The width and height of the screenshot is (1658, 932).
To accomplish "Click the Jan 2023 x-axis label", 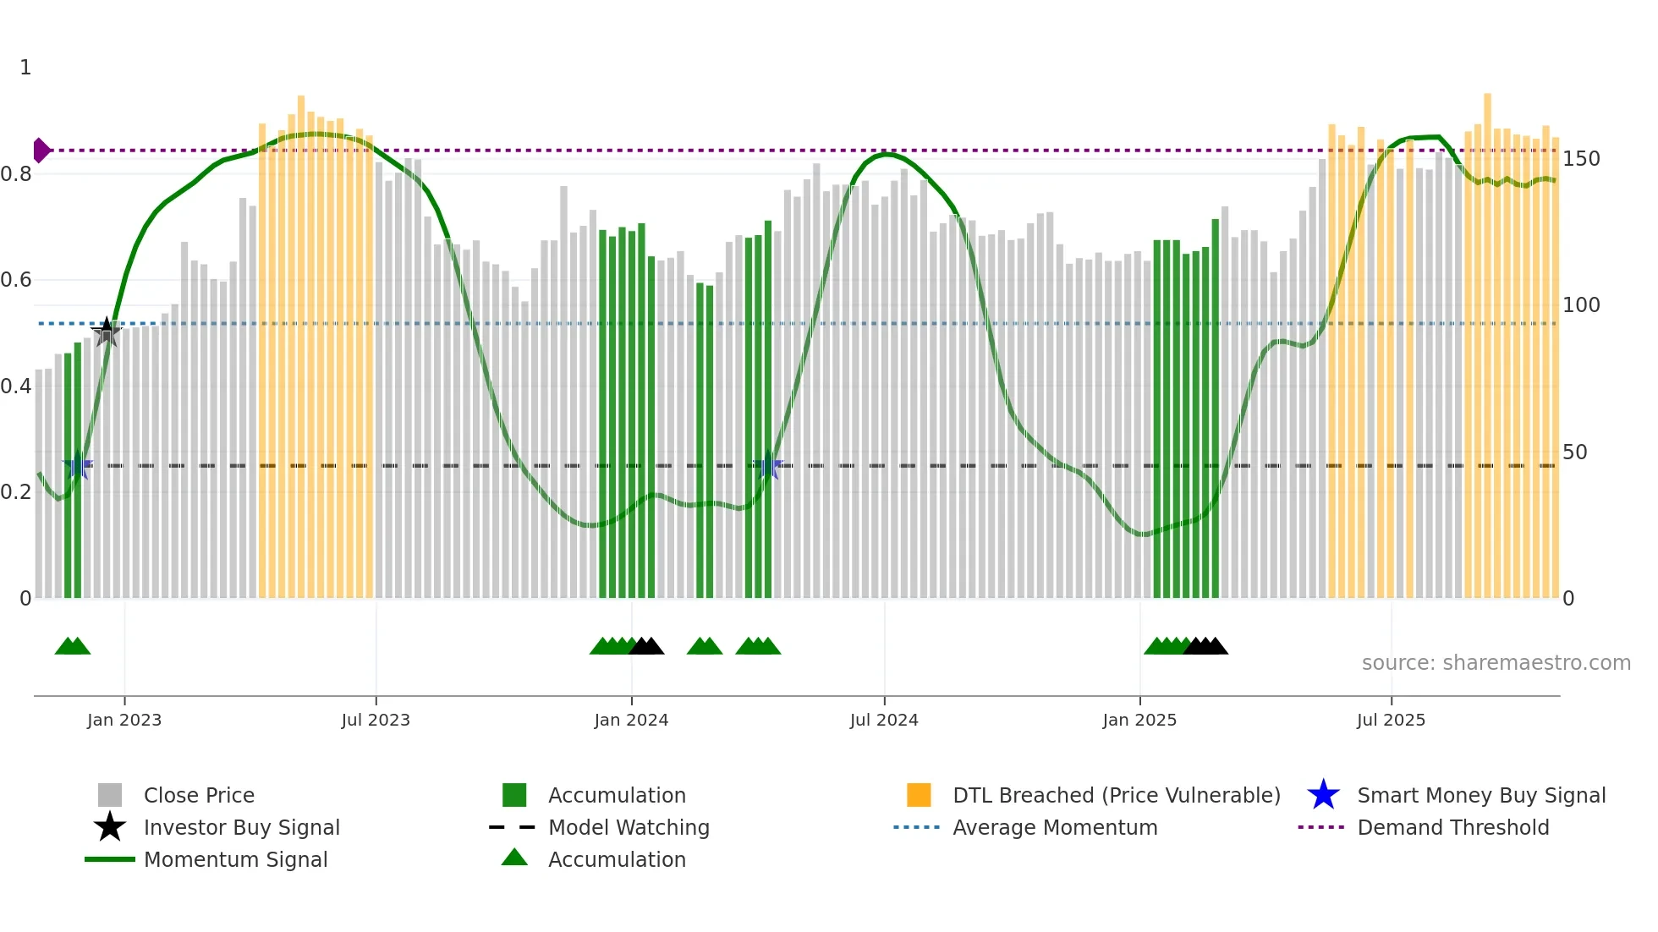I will point(124,720).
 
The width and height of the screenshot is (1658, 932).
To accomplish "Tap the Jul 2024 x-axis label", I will point(884,720).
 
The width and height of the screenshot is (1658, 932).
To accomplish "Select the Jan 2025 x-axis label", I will point(1139,720).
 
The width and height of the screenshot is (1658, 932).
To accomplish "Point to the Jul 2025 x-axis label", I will point(1392,720).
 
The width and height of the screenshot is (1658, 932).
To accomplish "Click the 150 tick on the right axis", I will point(1581,159).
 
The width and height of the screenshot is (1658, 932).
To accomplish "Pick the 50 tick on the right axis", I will point(1574,452).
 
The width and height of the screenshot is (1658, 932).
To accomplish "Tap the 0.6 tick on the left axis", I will point(16,280).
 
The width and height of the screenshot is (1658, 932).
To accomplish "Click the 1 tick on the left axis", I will point(25,68).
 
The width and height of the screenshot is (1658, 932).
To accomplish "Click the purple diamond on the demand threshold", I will point(41,151).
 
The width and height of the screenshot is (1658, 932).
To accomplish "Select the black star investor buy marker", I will point(107,332).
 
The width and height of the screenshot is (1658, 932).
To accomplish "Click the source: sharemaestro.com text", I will point(1496,663).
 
